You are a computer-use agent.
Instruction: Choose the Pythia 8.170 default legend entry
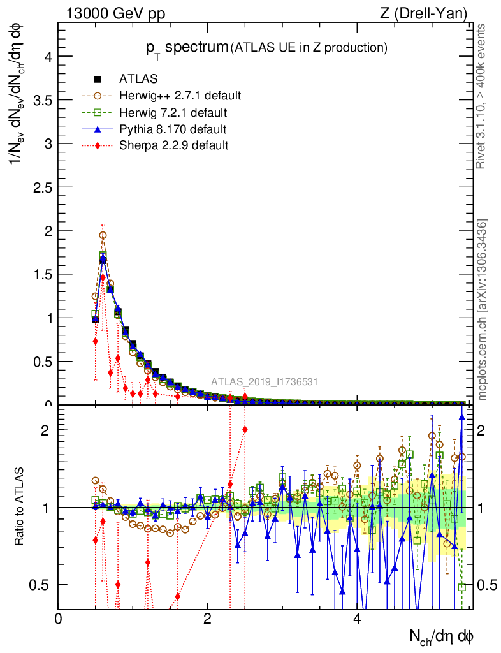coord(173,129)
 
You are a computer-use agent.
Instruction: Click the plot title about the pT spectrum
coord(265,47)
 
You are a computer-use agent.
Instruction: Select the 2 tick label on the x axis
coord(208,619)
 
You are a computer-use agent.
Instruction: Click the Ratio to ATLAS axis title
coord(19,507)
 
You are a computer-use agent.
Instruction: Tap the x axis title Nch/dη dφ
coord(442,635)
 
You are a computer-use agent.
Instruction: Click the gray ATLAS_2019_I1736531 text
coord(265,383)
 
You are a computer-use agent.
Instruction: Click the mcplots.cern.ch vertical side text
coord(483,310)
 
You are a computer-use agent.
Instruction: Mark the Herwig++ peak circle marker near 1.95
coord(103,235)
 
